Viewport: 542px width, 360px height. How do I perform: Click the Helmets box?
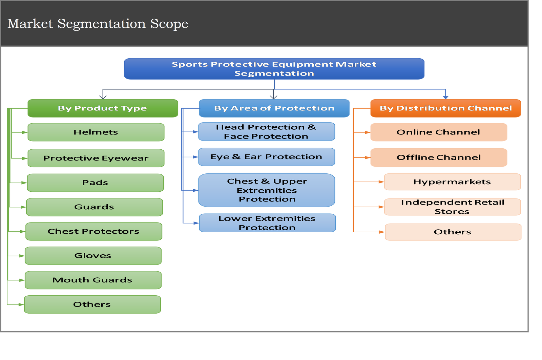tap(96, 132)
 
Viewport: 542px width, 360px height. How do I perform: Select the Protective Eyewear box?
tap(96, 158)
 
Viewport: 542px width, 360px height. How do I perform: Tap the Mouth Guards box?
tap(93, 280)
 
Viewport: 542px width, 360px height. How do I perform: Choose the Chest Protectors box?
tap(93, 231)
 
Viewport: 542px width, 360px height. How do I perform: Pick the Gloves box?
tap(93, 256)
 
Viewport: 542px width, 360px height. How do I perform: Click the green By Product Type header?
tap(103, 108)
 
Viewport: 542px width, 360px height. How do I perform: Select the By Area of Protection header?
tap(274, 108)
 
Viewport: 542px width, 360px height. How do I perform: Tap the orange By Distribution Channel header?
tap(445, 108)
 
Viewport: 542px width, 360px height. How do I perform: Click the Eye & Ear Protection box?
tap(267, 157)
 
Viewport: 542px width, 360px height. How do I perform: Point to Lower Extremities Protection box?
tap(267, 223)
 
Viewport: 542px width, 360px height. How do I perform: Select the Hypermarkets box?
tap(452, 182)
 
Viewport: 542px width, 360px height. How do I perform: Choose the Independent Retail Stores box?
tap(452, 207)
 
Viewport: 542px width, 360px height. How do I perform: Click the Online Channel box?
tap(439, 132)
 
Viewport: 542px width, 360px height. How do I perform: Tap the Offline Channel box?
tap(439, 157)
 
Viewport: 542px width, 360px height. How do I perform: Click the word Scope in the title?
tap(169, 24)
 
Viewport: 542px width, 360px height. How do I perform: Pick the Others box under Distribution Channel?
tap(453, 232)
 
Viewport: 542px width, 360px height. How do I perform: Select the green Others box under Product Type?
tap(92, 304)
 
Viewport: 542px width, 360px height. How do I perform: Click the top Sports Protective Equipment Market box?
tap(274, 69)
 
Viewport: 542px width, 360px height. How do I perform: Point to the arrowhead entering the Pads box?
tap(24, 183)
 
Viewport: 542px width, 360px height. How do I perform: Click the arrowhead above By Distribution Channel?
tap(445, 97)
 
